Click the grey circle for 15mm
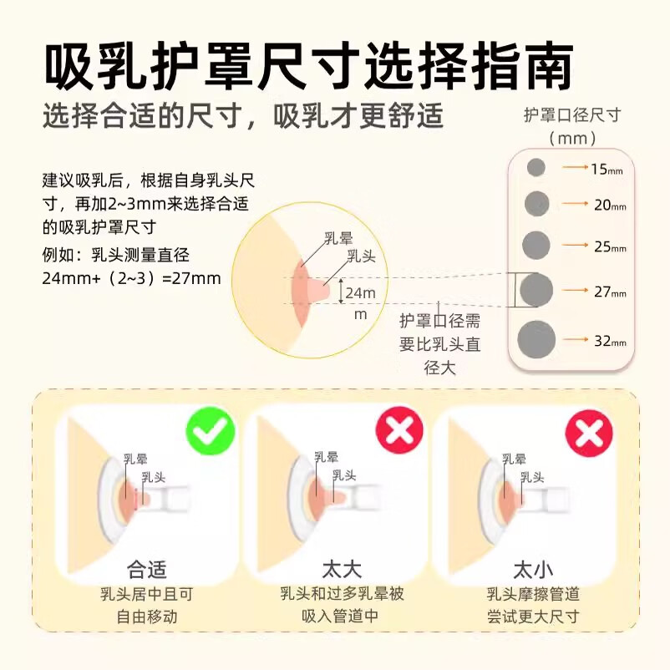pyautogui.click(x=535, y=167)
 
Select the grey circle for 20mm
pyautogui.click(x=536, y=203)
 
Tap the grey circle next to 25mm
pyautogui.click(x=535, y=245)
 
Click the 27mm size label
pyautogui.click(x=610, y=292)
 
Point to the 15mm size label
pyautogui.click(x=607, y=170)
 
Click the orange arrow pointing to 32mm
pyautogui.click(x=576, y=340)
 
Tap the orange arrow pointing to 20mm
pyautogui.click(x=576, y=203)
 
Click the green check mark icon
pyautogui.click(x=211, y=431)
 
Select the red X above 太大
pyautogui.click(x=399, y=430)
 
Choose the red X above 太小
pyautogui.click(x=589, y=434)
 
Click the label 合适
pyautogui.click(x=146, y=569)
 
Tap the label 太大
pyautogui.click(x=342, y=569)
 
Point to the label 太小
pyautogui.click(x=533, y=570)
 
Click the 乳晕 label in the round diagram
pyautogui.click(x=338, y=238)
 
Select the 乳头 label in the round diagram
pyautogui.click(x=361, y=256)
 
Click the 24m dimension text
pyautogui.click(x=361, y=293)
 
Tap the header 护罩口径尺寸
pyautogui.click(x=572, y=115)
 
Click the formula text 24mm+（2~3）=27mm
pyautogui.click(x=132, y=278)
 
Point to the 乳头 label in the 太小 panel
pyautogui.click(x=532, y=477)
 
